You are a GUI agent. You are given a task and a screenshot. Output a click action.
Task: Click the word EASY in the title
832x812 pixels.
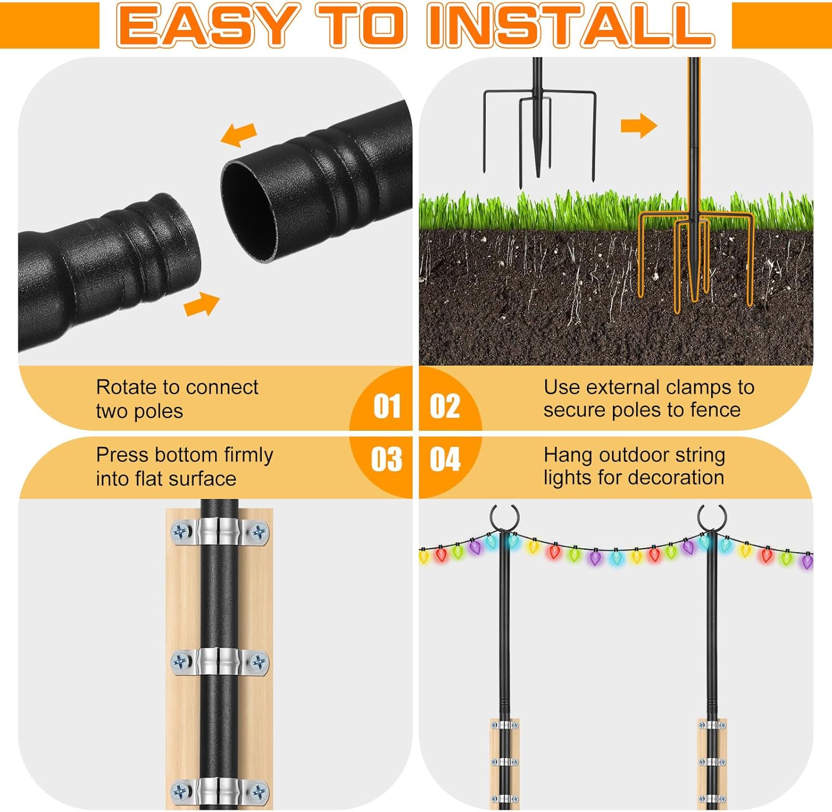206,26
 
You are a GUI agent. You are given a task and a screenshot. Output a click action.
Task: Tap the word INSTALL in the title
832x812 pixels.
571,26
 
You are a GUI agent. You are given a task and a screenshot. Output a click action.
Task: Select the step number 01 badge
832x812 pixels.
387,406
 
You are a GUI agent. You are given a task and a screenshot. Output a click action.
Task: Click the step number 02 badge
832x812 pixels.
445,406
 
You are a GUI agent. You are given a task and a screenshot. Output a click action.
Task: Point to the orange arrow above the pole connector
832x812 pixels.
239,134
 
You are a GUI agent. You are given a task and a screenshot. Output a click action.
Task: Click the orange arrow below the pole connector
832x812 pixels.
201,304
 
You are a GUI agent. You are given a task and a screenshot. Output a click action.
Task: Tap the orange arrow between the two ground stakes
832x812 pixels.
638,125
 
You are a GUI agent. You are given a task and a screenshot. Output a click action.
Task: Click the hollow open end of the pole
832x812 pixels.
248,211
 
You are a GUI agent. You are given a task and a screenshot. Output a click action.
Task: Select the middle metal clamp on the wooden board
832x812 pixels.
220,662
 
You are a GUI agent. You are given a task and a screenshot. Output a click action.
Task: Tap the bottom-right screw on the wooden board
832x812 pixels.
258,791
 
